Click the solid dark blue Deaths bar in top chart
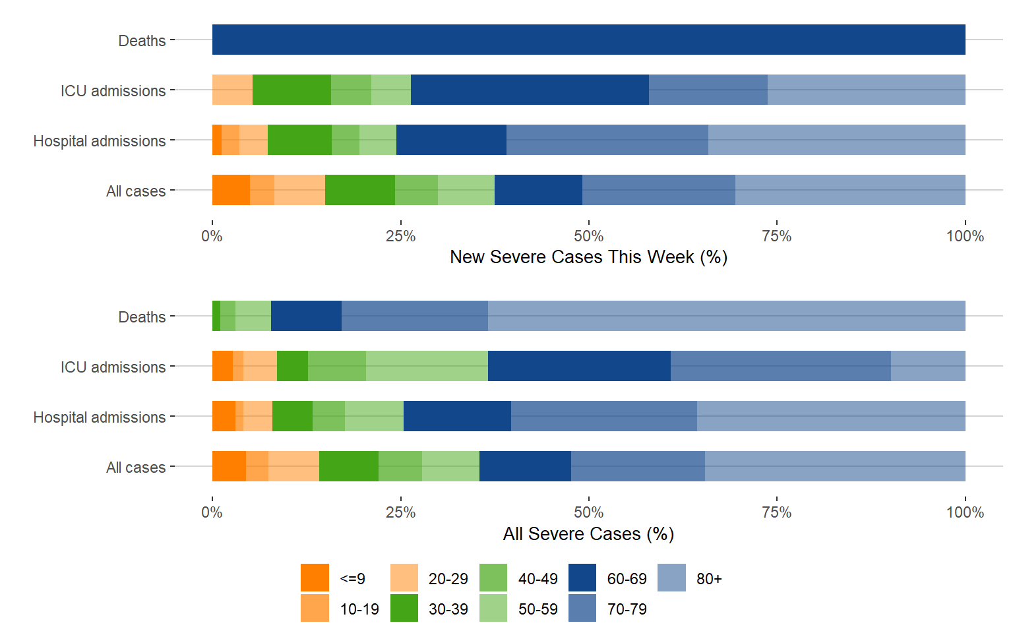pyautogui.click(x=588, y=40)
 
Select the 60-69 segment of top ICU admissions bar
pyautogui.click(x=530, y=90)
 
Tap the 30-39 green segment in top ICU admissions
pyautogui.click(x=292, y=90)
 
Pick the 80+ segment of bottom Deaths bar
pyautogui.click(x=726, y=316)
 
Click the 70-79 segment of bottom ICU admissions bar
pyautogui.click(x=780, y=366)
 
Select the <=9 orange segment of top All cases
pyautogui.click(x=231, y=190)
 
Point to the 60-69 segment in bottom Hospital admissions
pyautogui.click(x=457, y=416)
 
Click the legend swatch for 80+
pyautogui.click(x=671, y=578)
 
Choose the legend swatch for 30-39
pyautogui.click(x=404, y=608)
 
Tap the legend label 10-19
pyautogui.click(x=359, y=609)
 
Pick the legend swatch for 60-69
pyautogui.click(x=582, y=578)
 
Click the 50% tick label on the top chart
pyautogui.click(x=588, y=236)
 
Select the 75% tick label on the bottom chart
pyautogui.click(x=776, y=512)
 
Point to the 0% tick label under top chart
pyautogui.click(x=212, y=236)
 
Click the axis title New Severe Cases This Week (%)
pyautogui.click(x=588, y=257)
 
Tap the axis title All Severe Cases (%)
pyautogui.click(x=588, y=534)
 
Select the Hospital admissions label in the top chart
pyautogui.click(x=100, y=141)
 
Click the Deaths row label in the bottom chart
pyautogui.click(x=142, y=317)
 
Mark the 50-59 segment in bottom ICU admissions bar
pyautogui.click(x=427, y=366)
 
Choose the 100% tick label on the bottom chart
pyautogui.click(x=964, y=512)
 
